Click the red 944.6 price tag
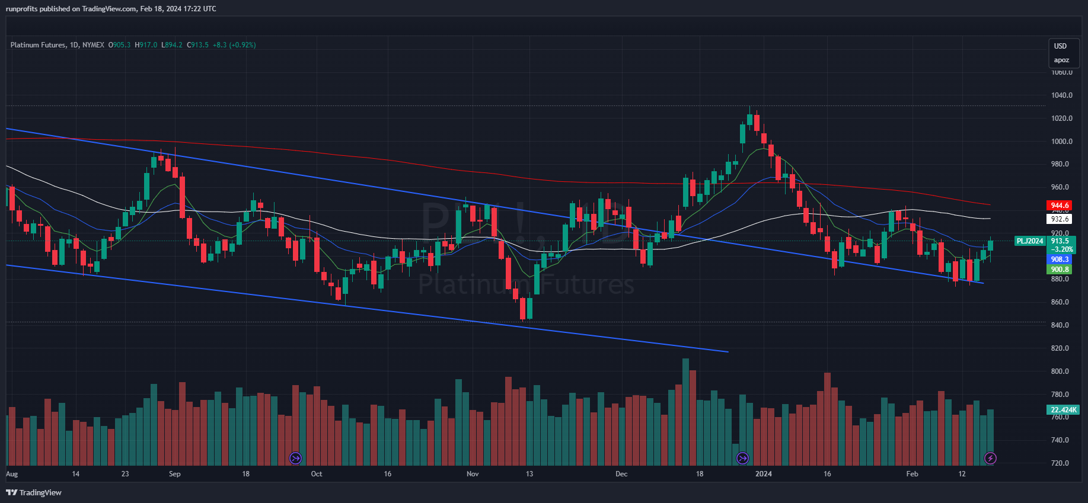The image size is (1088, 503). [1060, 206]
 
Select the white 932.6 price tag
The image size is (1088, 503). [1060, 219]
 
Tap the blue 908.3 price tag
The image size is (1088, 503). [1060, 259]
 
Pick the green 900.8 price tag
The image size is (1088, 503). [1060, 270]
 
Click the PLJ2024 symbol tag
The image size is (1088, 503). [1030, 241]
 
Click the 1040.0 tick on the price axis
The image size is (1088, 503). [1061, 95]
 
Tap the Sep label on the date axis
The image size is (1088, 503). [174, 474]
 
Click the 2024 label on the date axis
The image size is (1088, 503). [764, 474]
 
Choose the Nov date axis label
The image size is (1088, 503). [473, 474]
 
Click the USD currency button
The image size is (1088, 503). [1060, 46]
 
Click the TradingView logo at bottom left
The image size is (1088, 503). [34, 492]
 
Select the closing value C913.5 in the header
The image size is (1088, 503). [198, 45]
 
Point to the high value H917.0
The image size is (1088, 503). [146, 45]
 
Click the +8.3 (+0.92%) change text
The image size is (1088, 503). [234, 45]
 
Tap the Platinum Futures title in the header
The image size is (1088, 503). [38, 45]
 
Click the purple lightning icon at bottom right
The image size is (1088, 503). [990, 458]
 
